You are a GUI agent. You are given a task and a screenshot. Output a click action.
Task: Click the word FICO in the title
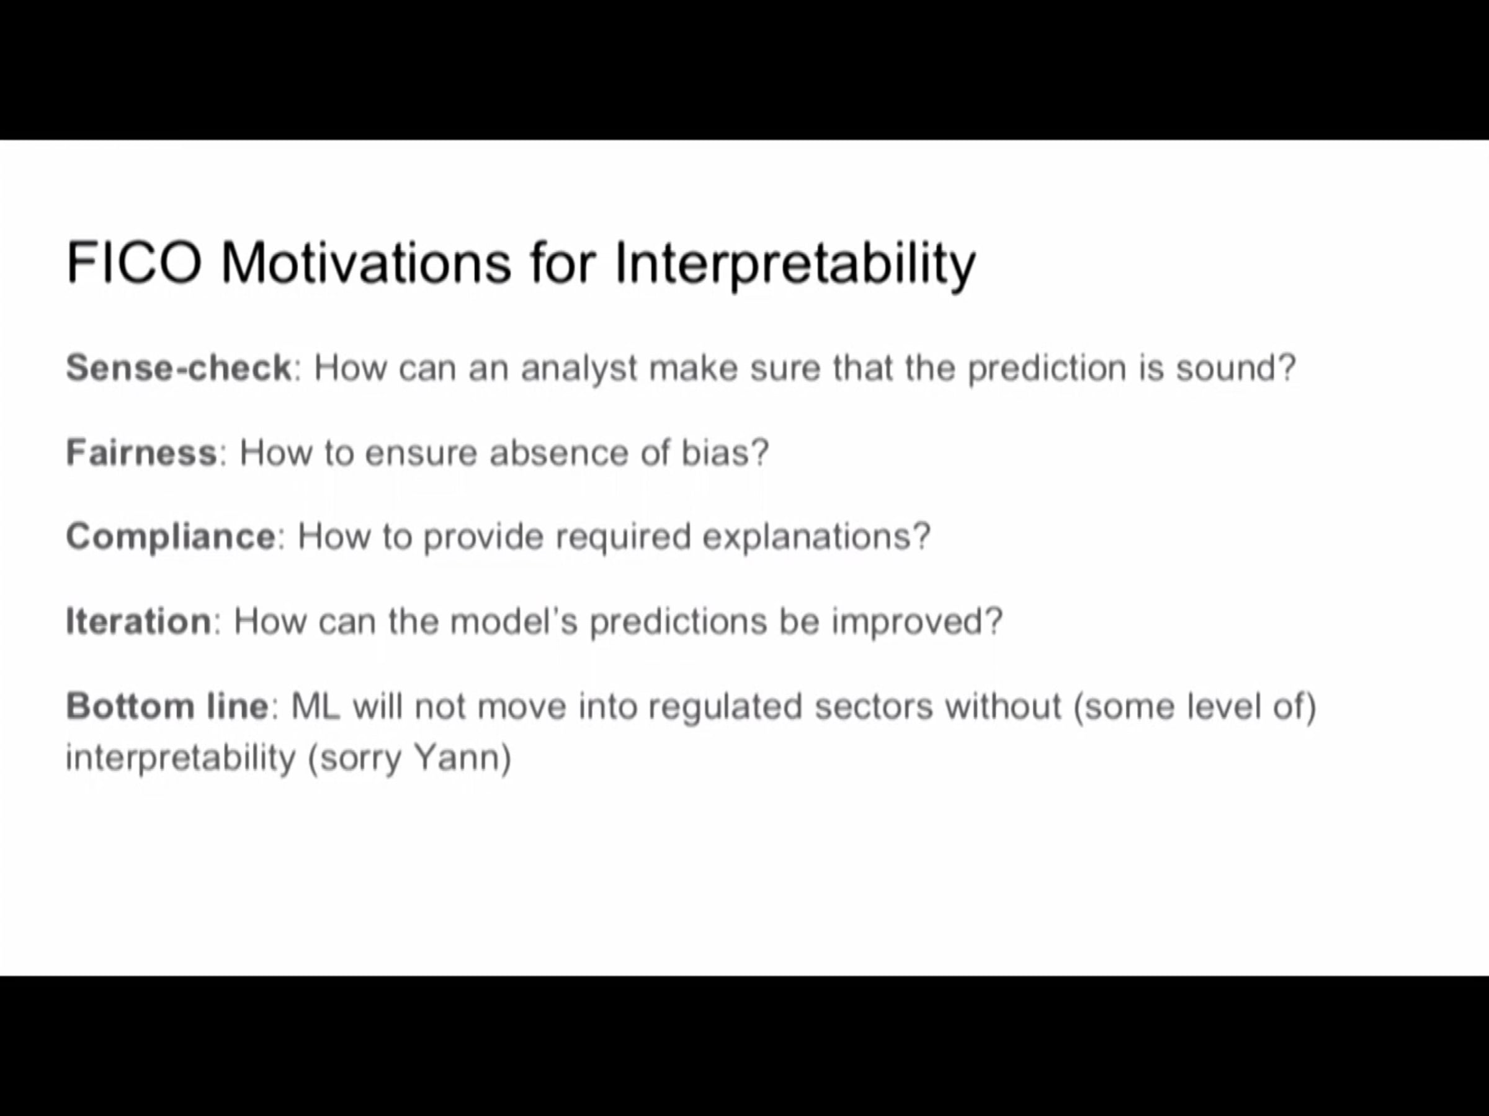point(134,262)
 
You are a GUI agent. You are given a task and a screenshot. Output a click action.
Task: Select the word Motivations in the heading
point(366,262)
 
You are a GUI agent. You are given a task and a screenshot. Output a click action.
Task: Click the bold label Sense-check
point(179,368)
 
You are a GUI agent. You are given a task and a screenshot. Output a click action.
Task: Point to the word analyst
point(578,370)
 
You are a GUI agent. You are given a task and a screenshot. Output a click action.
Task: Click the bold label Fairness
point(141,452)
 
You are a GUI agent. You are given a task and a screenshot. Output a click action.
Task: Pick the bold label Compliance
point(171,538)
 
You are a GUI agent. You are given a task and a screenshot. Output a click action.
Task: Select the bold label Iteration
point(139,621)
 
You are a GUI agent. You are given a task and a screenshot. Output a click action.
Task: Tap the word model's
point(514,621)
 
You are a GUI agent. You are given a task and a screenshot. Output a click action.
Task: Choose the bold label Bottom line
point(168,706)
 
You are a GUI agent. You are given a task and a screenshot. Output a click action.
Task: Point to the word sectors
point(873,706)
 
